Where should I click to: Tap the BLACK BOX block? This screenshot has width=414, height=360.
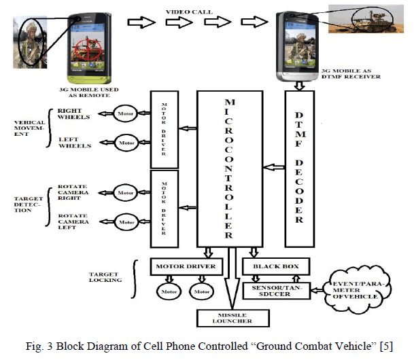275,266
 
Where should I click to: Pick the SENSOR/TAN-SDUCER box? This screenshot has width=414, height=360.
274,291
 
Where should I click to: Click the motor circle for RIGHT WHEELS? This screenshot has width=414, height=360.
125,112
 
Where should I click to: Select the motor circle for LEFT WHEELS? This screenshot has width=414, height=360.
125,143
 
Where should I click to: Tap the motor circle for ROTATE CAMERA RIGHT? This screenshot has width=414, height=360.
125,193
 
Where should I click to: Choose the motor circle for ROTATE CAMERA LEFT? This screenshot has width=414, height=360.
125,221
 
